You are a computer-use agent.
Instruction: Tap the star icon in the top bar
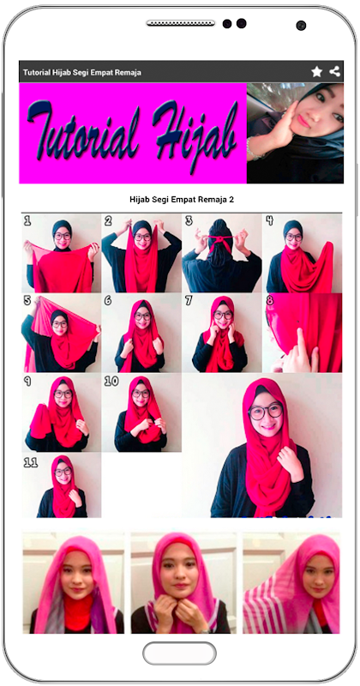tap(316, 72)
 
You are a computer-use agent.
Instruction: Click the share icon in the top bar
tap(335, 71)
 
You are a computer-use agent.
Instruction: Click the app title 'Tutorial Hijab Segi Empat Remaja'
tap(81, 72)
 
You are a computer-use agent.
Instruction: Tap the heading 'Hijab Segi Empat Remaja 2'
tap(182, 200)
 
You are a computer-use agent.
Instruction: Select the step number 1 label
tap(27, 221)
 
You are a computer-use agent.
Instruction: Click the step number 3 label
tap(189, 221)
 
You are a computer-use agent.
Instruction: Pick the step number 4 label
tap(269, 221)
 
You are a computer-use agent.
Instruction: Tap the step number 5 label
tap(27, 301)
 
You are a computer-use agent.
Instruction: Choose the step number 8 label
tap(270, 301)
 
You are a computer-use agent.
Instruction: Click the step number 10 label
tap(111, 381)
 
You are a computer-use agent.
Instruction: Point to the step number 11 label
tap(31, 462)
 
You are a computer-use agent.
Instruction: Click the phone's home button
tap(179, 653)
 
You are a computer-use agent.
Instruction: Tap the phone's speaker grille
tap(181, 23)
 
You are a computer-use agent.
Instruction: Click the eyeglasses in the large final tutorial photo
tap(266, 412)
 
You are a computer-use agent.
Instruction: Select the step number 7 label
tap(189, 301)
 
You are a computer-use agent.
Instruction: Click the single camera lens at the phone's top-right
tap(301, 26)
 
